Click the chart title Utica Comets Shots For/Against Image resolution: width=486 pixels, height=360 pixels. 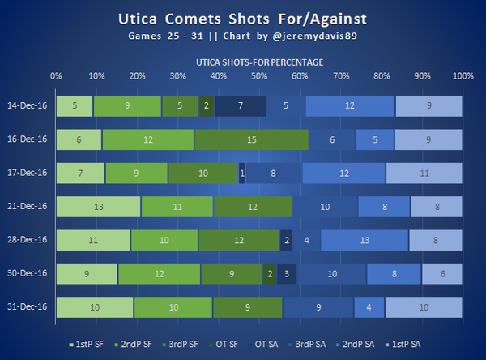click(243, 17)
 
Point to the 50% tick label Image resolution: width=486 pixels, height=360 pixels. click(259, 75)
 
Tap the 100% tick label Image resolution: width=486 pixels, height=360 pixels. click(463, 75)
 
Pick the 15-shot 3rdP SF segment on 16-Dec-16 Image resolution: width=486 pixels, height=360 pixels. click(251, 139)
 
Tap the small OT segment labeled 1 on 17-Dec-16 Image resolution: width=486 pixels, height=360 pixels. click(242, 173)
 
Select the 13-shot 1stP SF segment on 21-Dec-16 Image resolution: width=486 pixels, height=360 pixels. click(99, 207)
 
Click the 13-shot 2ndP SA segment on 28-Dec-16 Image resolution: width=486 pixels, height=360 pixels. click(364, 240)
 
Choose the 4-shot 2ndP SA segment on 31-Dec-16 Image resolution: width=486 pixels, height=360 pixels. click(369, 307)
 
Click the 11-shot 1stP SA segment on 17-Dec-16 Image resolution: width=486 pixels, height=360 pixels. click(424, 173)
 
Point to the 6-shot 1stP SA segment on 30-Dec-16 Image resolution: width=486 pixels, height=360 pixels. click(441, 274)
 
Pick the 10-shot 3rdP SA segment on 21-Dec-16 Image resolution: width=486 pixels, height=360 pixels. click(326, 207)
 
